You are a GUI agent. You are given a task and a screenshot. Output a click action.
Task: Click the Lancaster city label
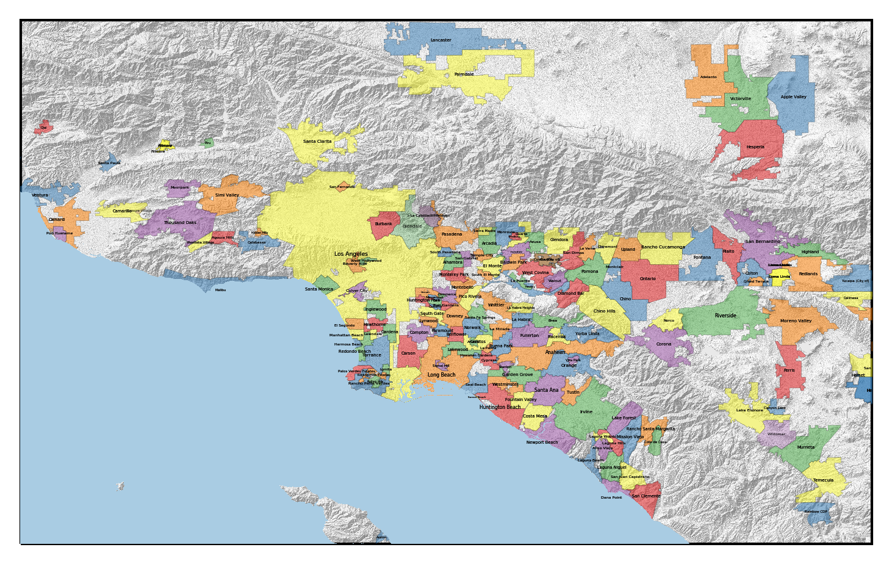pyautogui.click(x=441, y=40)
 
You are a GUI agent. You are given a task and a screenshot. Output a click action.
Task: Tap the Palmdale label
pyautogui.click(x=464, y=74)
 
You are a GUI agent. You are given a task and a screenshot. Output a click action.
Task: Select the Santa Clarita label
pyautogui.click(x=317, y=142)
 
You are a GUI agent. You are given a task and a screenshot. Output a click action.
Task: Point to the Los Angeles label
pyautogui.click(x=351, y=254)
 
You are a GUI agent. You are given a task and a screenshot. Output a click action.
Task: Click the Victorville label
pyautogui.click(x=740, y=98)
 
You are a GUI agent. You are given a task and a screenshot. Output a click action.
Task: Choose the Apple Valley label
pyautogui.click(x=793, y=97)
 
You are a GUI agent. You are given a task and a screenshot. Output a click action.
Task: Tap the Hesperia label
pyautogui.click(x=755, y=147)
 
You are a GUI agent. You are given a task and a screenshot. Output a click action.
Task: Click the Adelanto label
pyautogui.click(x=708, y=78)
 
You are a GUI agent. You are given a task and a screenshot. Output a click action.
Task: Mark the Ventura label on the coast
pyautogui.click(x=40, y=195)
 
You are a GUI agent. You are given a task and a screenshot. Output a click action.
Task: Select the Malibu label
pyautogui.click(x=220, y=290)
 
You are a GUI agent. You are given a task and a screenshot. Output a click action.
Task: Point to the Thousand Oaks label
pyautogui.click(x=180, y=223)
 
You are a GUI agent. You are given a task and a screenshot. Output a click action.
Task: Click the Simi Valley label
pyautogui.click(x=227, y=195)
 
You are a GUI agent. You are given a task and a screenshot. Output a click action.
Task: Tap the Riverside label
pyautogui.click(x=725, y=316)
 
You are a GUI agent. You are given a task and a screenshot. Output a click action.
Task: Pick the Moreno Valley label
pyautogui.click(x=796, y=321)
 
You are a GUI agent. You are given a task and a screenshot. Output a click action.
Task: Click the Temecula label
pyautogui.click(x=822, y=480)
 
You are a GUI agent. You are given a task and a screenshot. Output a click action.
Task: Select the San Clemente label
pyautogui.click(x=646, y=496)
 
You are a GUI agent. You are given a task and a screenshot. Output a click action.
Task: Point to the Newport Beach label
pyautogui.click(x=542, y=443)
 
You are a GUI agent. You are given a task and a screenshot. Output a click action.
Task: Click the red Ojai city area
pyautogui.click(x=44, y=127)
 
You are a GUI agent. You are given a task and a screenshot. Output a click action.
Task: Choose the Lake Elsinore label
pyautogui.click(x=749, y=411)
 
